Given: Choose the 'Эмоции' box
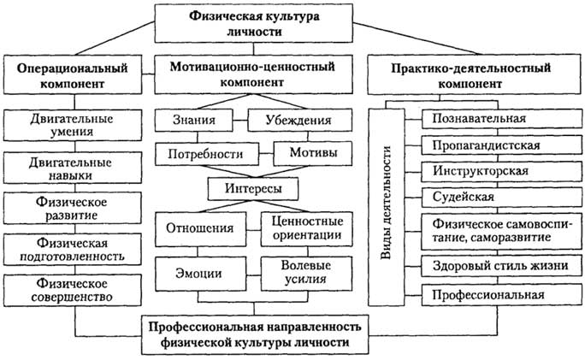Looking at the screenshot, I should pos(202,274).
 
